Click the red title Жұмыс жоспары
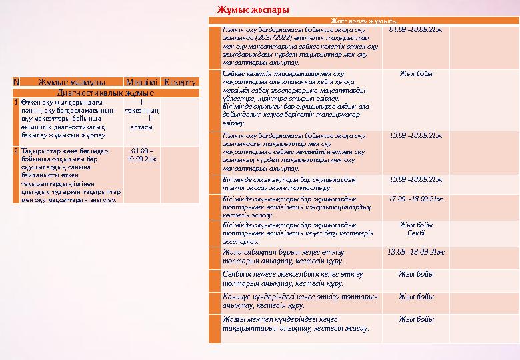tap(253, 10)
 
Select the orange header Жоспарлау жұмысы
tap(364, 21)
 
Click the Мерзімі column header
tap(142, 82)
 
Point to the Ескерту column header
tap(180, 82)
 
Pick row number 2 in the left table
tap(16, 151)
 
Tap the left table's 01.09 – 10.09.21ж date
tap(142, 155)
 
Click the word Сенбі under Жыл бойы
tap(416, 233)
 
